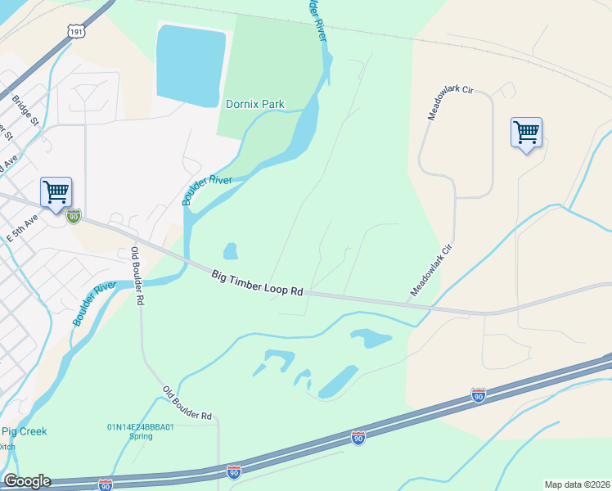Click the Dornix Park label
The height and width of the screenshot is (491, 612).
tap(254, 105)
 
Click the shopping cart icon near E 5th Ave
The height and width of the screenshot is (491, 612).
tap(56, 193)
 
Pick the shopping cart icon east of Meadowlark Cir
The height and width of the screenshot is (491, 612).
tap(526, 133)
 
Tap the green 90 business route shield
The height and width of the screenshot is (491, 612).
tap(74, 216)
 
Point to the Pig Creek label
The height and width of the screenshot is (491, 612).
tap(25, 431)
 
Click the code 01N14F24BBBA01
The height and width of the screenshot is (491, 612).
tap(141, 426)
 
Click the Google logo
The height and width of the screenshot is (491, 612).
tap(26, 480)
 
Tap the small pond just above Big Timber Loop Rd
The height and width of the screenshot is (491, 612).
tap(230, 250)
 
